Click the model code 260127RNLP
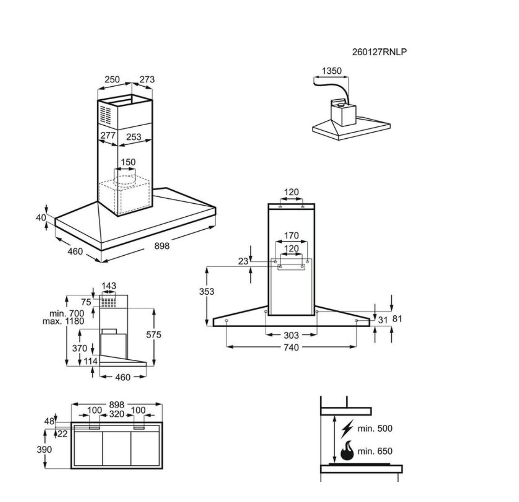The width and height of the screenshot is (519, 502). point(379,52)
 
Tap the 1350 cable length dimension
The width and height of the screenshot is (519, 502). point(331,71)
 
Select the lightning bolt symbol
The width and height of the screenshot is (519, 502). point(347,429)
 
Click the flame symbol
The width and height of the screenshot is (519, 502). point(347,451)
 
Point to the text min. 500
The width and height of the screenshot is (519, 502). point(375,429)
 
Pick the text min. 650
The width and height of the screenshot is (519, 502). point(375,451)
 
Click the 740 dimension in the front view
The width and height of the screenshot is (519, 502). point(291,347)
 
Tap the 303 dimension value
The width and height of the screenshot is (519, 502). point(291,335)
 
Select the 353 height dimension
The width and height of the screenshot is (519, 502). point(206,291)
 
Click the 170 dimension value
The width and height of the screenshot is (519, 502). point(291,236)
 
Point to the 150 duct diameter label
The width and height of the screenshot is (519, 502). point(128,162)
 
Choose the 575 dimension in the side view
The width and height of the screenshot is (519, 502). point(154,335)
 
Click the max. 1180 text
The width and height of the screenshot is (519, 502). point(63,321)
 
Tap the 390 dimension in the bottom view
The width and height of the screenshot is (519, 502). point(44,449)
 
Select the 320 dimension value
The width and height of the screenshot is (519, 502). point(116,414)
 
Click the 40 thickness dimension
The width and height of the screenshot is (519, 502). point(41,217)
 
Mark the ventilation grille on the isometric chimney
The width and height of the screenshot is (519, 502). point(106,114)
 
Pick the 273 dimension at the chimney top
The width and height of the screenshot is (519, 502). point(147,79)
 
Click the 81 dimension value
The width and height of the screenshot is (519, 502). point(397,319)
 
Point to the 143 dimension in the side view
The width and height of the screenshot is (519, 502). point(108,286)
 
